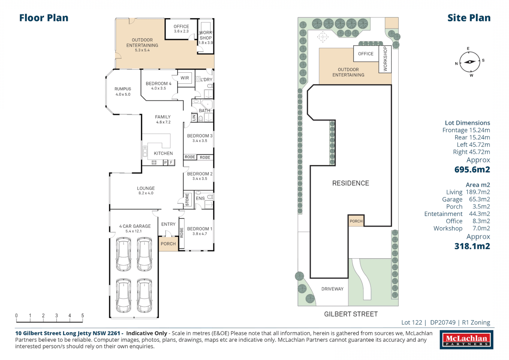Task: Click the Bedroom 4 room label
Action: [158, 84]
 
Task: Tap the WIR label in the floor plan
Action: [185, 78]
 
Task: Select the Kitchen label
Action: [163, 153]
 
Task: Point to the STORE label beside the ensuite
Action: [187, 199]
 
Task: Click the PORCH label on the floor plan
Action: [168, 244]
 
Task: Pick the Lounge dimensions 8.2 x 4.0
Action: [146, 193]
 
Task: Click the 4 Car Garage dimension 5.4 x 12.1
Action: [133, 231]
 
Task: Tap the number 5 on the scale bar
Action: [82, 315]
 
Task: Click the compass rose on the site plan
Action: [470, 62]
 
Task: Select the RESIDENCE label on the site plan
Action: [350, 183]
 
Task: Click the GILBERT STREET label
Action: [351, 314]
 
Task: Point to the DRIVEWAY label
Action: [332, 289]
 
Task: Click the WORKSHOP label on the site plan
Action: [385, 59]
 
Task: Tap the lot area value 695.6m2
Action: [472, 170]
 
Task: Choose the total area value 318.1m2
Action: [472, 246]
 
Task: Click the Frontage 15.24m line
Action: [466, 130]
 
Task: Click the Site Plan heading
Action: [469, 18]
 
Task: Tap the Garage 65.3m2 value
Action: [479, 199]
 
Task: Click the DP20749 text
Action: [443, 322]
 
